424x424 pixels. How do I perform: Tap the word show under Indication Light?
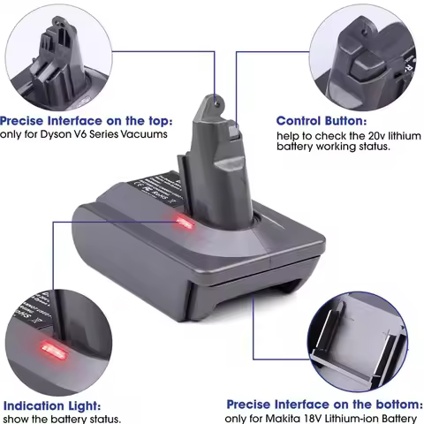pos(16,419)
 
